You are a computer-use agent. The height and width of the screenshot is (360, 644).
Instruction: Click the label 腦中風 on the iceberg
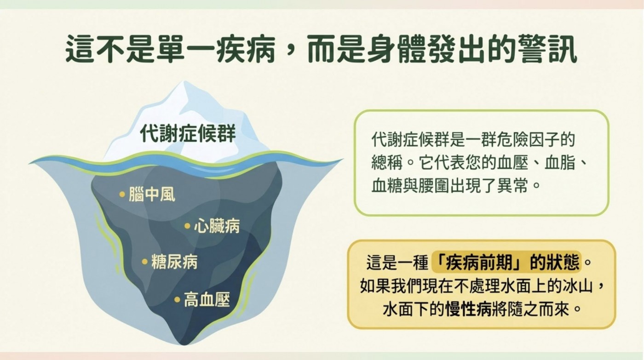pos(152,194)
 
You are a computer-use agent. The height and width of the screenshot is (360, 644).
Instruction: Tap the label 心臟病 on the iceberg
pos(217,226)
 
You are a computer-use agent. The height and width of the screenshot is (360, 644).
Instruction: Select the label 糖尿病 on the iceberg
pos(174,262)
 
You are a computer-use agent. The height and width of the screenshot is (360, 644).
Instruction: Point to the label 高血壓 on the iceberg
pos(207,300)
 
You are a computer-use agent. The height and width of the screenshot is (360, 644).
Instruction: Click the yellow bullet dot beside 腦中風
pos(122,194)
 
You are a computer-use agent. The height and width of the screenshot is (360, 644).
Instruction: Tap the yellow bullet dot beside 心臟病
pos(188,226)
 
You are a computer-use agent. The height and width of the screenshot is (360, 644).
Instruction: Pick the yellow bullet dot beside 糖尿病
pos(145,262)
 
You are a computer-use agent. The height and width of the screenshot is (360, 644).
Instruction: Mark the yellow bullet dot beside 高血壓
pos(178,300)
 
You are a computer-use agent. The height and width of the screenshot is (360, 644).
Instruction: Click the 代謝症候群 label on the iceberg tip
pos(188,133)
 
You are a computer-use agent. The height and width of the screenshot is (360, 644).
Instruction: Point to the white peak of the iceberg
pos(183,83)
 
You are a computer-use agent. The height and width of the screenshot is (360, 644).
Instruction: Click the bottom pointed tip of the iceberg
pos(184,343)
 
